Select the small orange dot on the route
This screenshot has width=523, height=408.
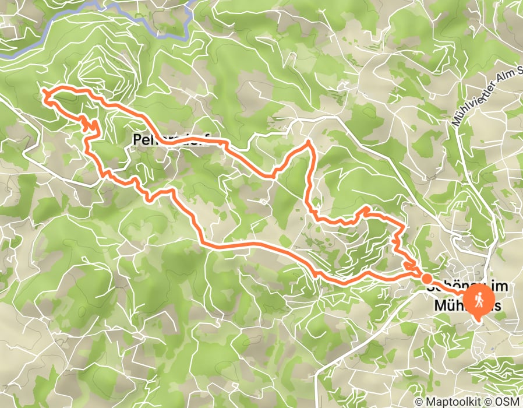[x=427, y=279]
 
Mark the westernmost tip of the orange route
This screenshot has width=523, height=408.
[x=44, y=92]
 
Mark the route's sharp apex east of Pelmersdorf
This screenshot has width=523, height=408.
[x=309, y=142]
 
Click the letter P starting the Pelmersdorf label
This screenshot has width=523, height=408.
[x=137, y=140]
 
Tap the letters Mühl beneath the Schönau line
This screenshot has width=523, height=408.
[x=450, y=305]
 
